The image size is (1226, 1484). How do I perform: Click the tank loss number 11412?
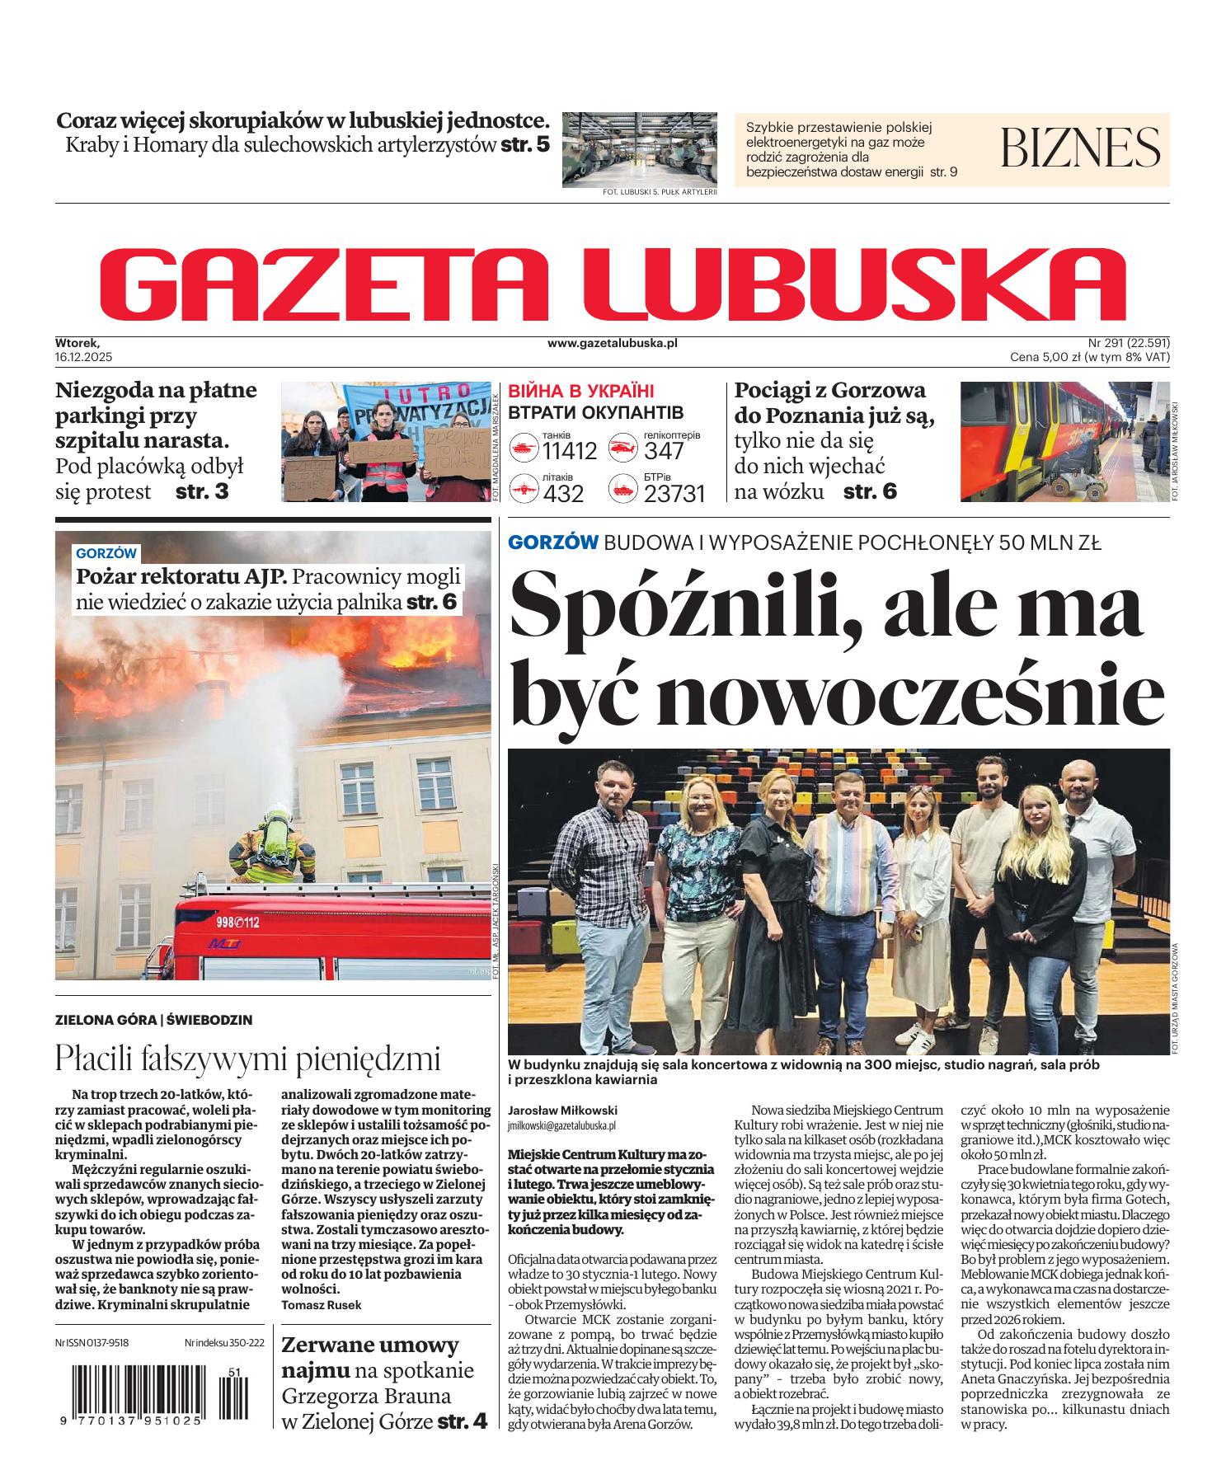569,451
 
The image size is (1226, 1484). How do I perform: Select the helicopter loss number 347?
664,451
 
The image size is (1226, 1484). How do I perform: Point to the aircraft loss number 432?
563,494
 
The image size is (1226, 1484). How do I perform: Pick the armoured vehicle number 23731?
674,494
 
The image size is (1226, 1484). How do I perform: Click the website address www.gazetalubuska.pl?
612,343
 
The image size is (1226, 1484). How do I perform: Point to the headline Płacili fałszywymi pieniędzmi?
247,1058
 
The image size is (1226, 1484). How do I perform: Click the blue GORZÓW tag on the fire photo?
107,553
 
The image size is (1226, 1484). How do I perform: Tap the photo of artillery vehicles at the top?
639,148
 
